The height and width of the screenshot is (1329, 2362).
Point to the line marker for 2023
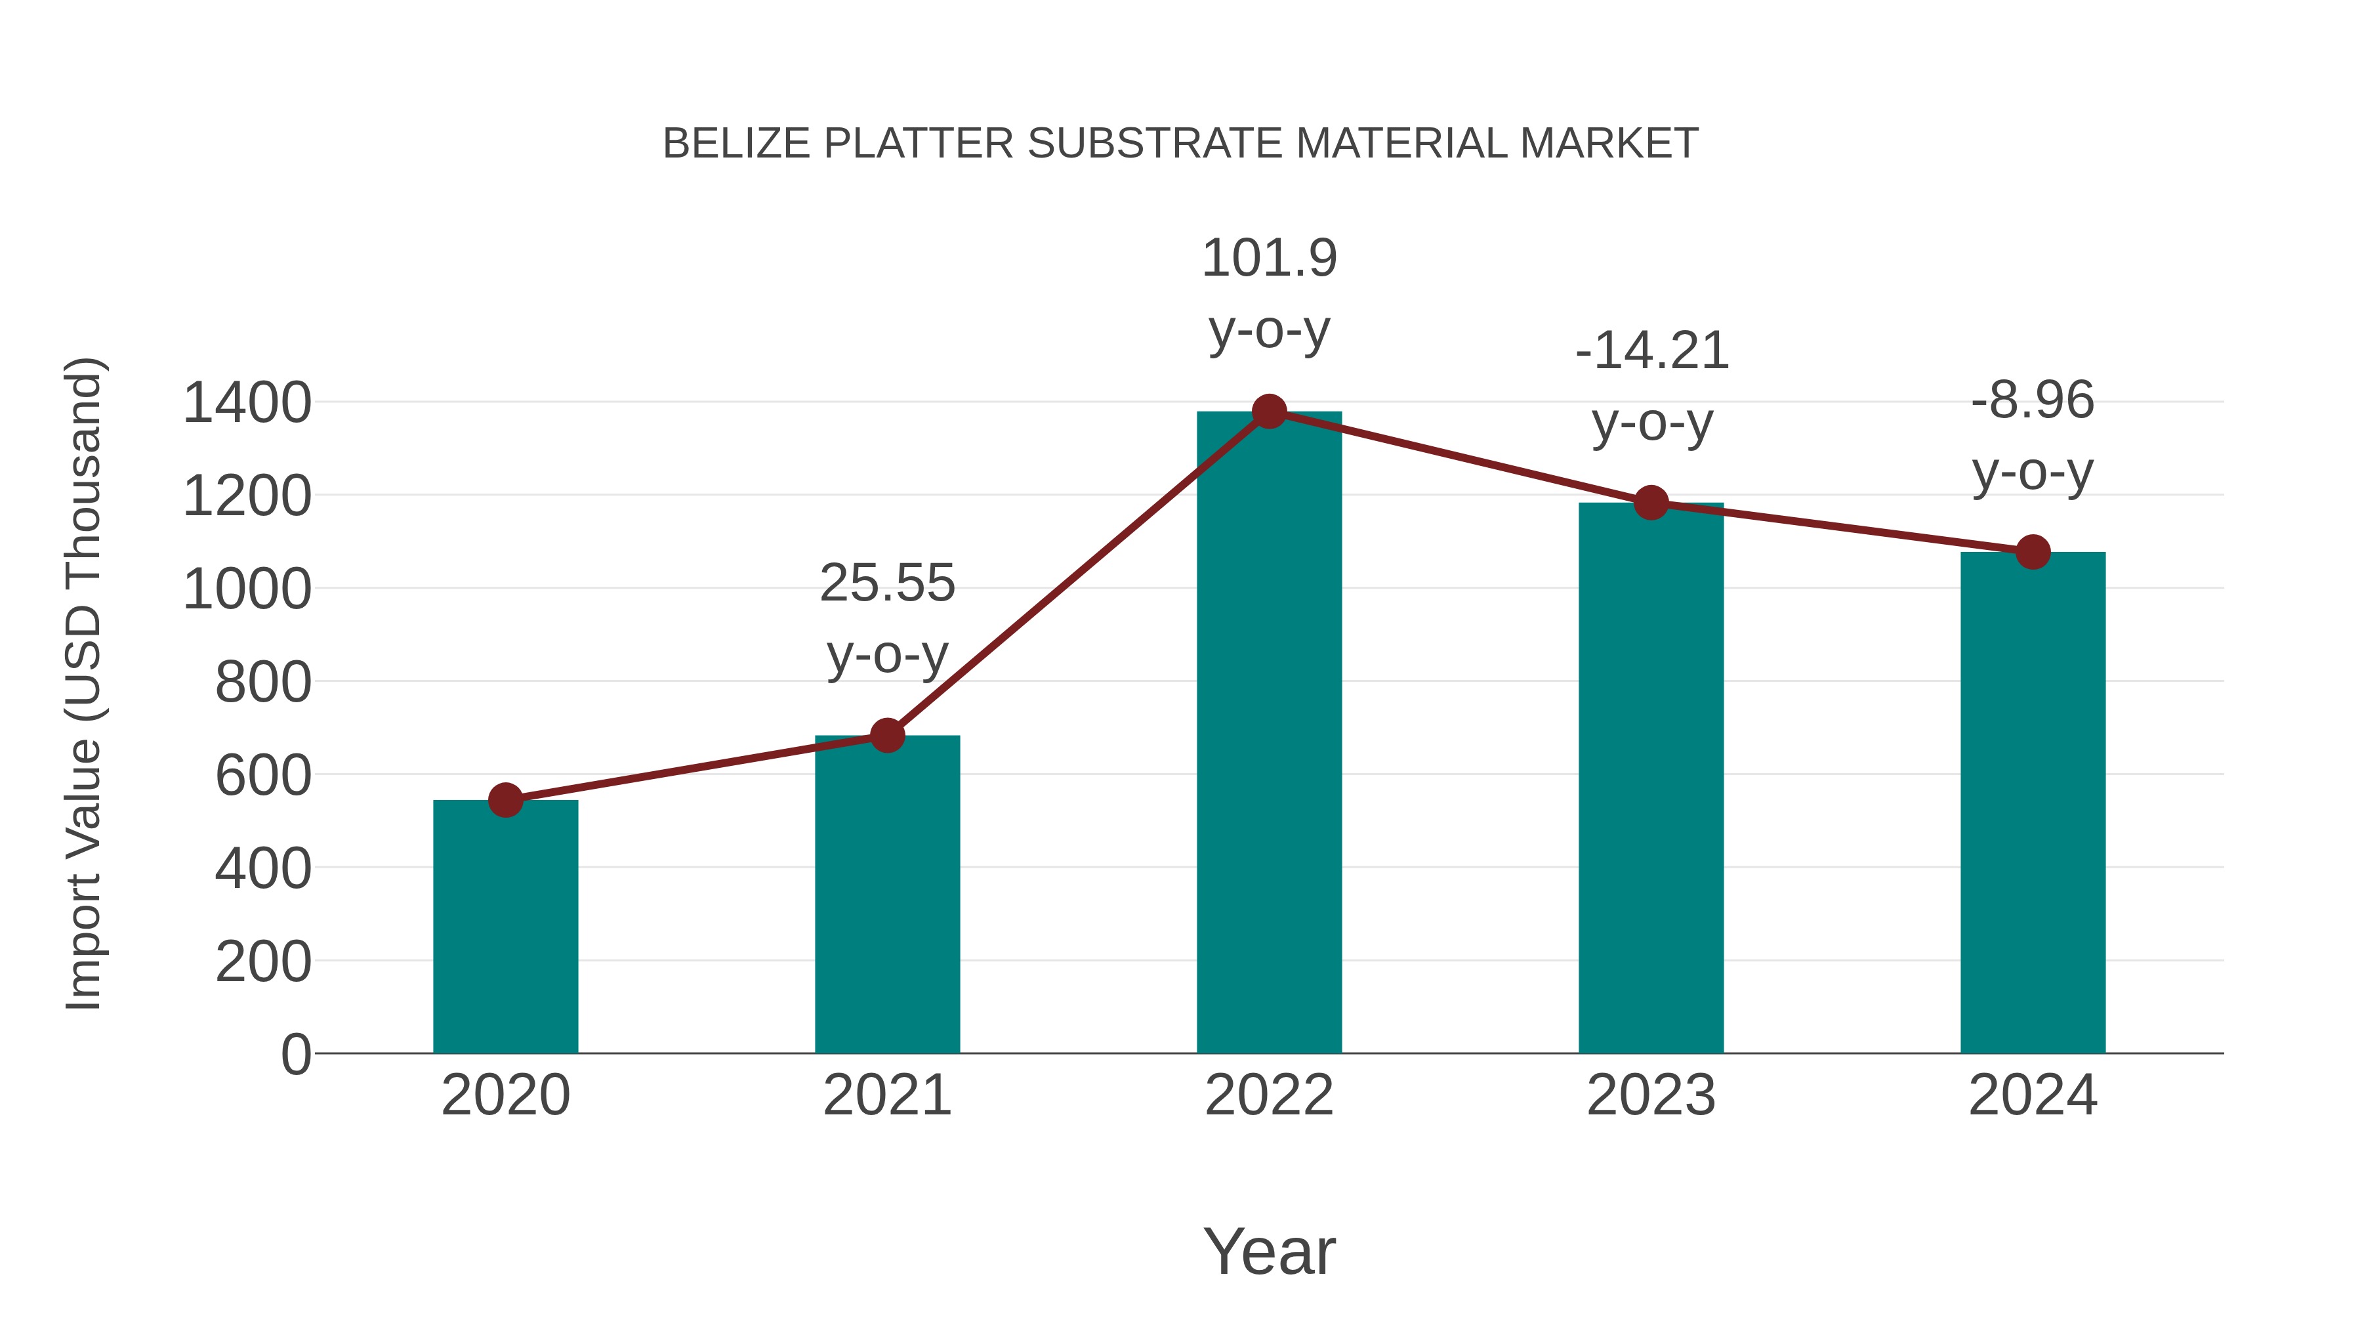(x=1651, y=503)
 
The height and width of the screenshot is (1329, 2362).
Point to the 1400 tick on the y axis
(x=247, y=404)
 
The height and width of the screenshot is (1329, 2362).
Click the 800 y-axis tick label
(x=262, y=683)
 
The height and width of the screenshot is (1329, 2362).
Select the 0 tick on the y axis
(x=295, y=1055)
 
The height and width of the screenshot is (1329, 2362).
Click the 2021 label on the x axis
(x=886, y=1096)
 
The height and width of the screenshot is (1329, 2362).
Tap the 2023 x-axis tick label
(x=1651, y=1096)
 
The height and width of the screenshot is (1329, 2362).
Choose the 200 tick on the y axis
(x=262, y=963)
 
